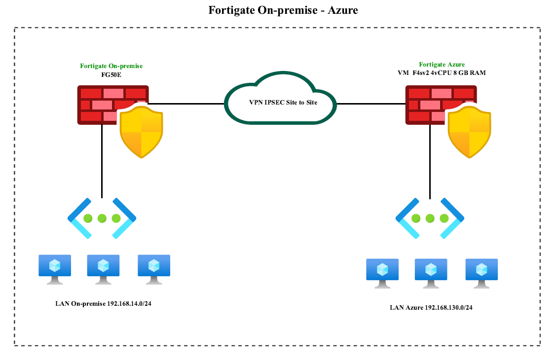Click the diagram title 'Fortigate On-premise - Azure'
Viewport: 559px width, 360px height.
point(280,10)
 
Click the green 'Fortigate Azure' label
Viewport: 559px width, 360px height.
point(442,65)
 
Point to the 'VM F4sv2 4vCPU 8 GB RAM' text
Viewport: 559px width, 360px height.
point(442,73)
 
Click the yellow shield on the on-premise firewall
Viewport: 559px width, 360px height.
point(142,132)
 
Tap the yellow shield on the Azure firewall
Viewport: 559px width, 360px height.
point(470,132)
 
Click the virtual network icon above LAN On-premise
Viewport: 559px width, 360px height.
point(102,218)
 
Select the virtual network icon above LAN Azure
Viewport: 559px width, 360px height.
point(430,218)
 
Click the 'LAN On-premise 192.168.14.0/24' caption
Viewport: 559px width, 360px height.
point(103,303)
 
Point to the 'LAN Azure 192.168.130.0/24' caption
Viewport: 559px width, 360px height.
point(431,308)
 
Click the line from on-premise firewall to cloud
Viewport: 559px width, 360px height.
point(187,104)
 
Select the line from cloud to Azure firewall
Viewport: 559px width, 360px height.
point(370,104)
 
